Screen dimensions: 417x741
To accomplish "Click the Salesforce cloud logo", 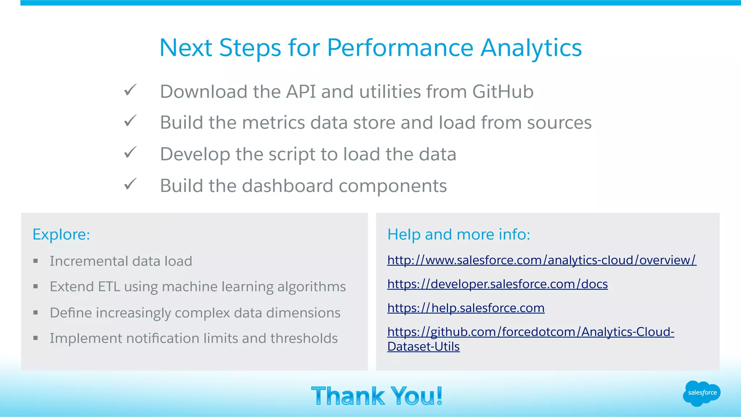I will (702, 393).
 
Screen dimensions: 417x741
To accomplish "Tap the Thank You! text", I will (377, 396).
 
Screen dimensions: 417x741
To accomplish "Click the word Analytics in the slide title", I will (531, 48).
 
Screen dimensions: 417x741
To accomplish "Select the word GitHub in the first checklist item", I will (503, 92).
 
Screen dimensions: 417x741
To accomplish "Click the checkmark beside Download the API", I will (130, 90).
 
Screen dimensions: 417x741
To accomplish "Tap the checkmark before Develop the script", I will (130, 153).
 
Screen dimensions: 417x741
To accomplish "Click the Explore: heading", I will (61, 234).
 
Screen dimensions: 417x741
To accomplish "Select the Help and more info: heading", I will (458, 234).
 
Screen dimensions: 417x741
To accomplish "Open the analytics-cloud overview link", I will (541, 260).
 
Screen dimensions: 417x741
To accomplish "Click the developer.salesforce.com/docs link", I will (497, 284).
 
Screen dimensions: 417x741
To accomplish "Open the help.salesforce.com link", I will (466, 308).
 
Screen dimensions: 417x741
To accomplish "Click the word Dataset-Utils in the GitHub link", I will (423, 346).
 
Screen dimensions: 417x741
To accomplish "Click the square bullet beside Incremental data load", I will (35, 261).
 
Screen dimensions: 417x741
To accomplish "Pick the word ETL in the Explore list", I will (109, 287).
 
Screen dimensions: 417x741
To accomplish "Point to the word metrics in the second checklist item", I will (273, 123).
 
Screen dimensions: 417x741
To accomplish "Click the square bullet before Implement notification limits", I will (35, 339).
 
